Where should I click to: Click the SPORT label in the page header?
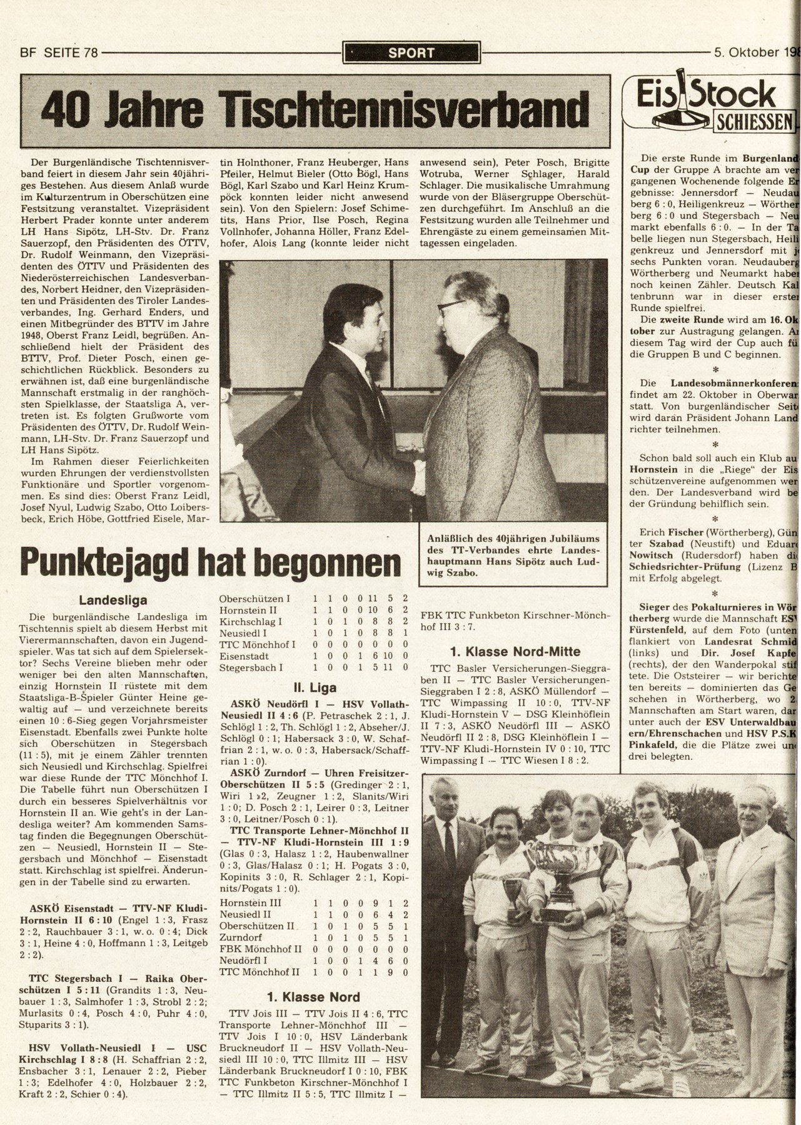tap(411, 52)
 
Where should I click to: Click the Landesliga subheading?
tap(113, 601)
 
